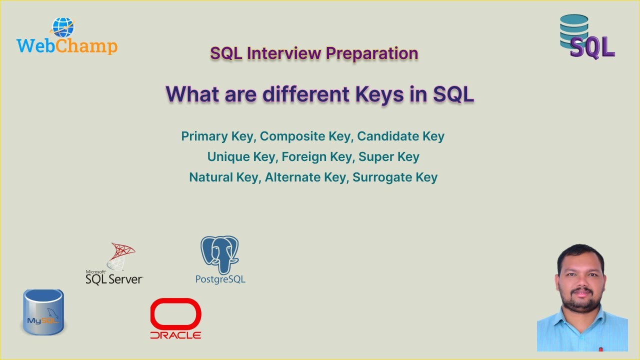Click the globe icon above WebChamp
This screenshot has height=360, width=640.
point(63,27)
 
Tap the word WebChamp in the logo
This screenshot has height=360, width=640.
point(67,46)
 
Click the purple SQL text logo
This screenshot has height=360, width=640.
point(592,47)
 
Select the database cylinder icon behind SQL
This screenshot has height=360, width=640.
point(574,27)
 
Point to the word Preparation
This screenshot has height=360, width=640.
point(372,53)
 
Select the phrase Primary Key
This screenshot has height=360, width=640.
point(217,136)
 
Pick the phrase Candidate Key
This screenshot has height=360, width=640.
point(400,136)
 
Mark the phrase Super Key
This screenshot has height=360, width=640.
point(389,156)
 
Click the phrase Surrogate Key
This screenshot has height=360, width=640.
point(395,177)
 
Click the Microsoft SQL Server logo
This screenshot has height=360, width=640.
point(115,265)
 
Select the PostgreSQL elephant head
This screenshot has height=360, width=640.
point(220,254)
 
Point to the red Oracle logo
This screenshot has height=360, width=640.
point(175,318)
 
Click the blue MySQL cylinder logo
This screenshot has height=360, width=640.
point(43,312)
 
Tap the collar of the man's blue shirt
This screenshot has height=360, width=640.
point(581,316)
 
